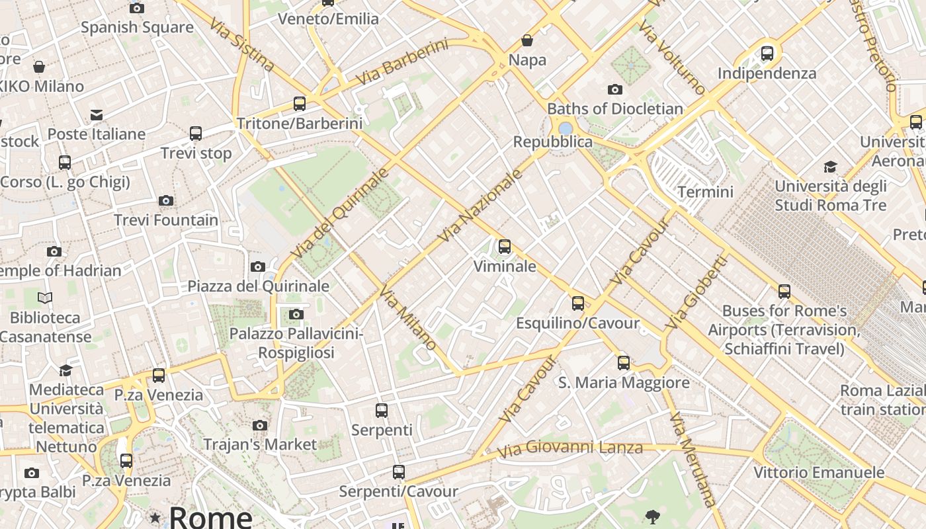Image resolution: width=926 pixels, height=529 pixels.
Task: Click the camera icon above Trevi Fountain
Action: point(166,200)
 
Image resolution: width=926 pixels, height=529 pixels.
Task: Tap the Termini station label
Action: point(705,192)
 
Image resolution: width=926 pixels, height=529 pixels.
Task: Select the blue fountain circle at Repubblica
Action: point(565,128)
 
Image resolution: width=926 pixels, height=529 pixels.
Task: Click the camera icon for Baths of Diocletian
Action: point(614,89)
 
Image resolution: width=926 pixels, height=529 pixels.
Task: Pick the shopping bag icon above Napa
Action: point(527,40)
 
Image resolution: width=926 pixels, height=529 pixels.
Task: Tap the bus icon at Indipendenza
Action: point(767,53)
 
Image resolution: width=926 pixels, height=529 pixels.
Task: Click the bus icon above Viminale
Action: point(505,247)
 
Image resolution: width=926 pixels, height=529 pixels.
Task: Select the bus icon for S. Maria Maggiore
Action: point(623,362)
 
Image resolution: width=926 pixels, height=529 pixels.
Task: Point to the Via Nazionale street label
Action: point(480,205)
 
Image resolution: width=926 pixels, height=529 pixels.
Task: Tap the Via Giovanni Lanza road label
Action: point(569,449)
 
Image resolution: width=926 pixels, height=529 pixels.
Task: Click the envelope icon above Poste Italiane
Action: point(97,114)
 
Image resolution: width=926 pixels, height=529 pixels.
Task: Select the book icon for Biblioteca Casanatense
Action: point(45,298)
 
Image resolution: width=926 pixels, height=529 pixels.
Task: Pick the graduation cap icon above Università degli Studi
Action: point(830,167)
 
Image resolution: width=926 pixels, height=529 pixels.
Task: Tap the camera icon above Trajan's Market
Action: point(260,425)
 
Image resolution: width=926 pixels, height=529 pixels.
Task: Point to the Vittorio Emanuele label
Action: point(819,472)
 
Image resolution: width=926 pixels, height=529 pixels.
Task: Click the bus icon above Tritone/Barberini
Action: point(300,103)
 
